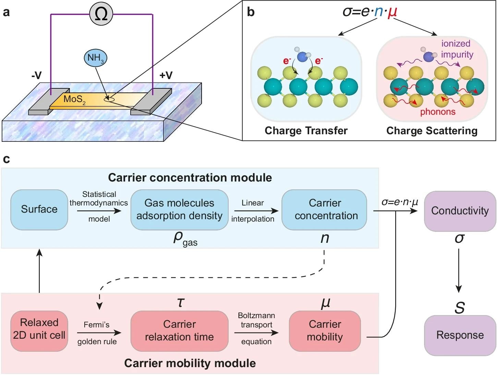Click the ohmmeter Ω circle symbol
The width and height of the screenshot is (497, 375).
coord(101,14)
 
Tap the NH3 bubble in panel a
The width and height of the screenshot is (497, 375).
coord(96,58)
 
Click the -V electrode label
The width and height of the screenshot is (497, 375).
coord(36,75)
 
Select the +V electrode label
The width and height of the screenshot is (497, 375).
coord(166,75)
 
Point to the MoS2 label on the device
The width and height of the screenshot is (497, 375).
coord(74,100)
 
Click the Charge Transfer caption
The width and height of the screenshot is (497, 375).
coord(306,130)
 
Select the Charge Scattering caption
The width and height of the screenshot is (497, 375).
coord(432,130)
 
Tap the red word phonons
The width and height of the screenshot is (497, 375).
coord(438,112)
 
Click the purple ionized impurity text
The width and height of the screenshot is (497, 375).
coord(457,49)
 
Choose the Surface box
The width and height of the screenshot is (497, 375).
coord(39,209)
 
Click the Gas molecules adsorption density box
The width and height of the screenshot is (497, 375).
coord(179,209)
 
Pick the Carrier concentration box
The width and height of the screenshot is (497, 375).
coord(325,209)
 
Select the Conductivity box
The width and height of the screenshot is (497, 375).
coord(460,211)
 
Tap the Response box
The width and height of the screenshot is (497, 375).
coord(460,335)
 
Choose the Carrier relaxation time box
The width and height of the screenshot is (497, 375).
coord(179,330)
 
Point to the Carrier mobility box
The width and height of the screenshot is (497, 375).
coord(325,330)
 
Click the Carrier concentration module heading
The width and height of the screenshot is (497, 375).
coord(190,178)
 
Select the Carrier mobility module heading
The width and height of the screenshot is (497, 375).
coord(190,363)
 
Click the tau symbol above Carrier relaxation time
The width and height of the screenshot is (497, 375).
coord(180,302)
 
